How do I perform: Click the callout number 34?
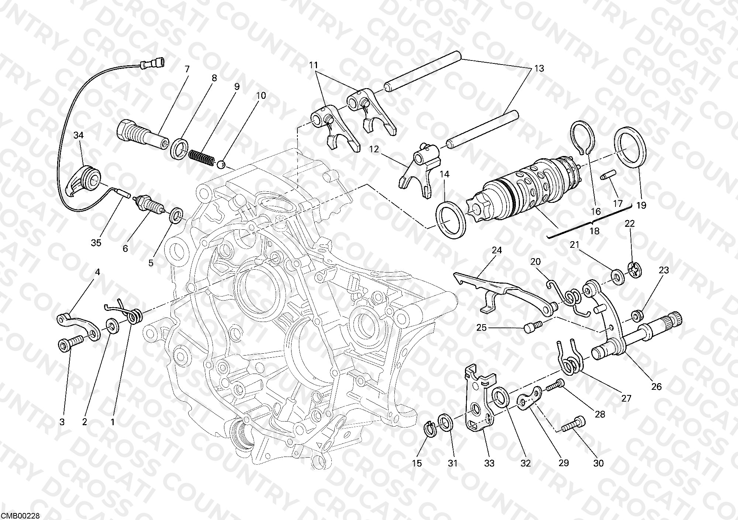click(78, 135)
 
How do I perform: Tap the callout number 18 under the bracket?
click(594, 231)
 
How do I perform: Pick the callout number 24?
click(497, 250)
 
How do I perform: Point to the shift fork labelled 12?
click(420, 170)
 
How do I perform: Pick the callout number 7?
click(187, 69)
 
